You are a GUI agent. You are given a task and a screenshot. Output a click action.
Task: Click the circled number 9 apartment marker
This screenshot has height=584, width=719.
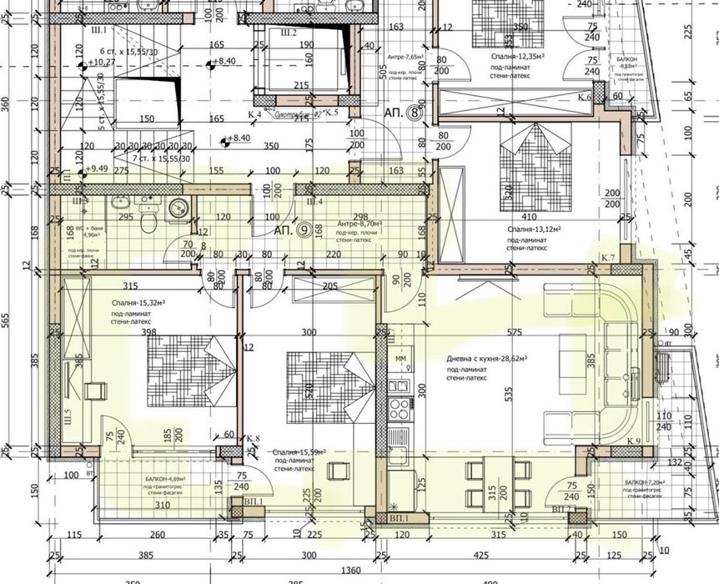pyautogui.click(x=306, y=230)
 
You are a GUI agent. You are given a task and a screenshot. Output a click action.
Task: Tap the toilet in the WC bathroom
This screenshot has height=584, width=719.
pyautogui.click(x=148, y=220)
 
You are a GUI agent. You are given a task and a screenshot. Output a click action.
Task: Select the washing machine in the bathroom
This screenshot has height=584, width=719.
pyautogui.click(x=178, y=208)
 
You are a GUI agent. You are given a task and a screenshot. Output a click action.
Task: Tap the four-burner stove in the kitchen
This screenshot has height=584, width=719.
pyautogui.click(x=398, y=410)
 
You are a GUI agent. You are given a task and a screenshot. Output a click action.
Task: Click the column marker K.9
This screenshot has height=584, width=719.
pyautogui.click(x=631, y=441)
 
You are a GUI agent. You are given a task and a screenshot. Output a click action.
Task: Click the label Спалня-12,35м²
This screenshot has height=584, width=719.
pyautogui.click(x=518, y=55)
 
